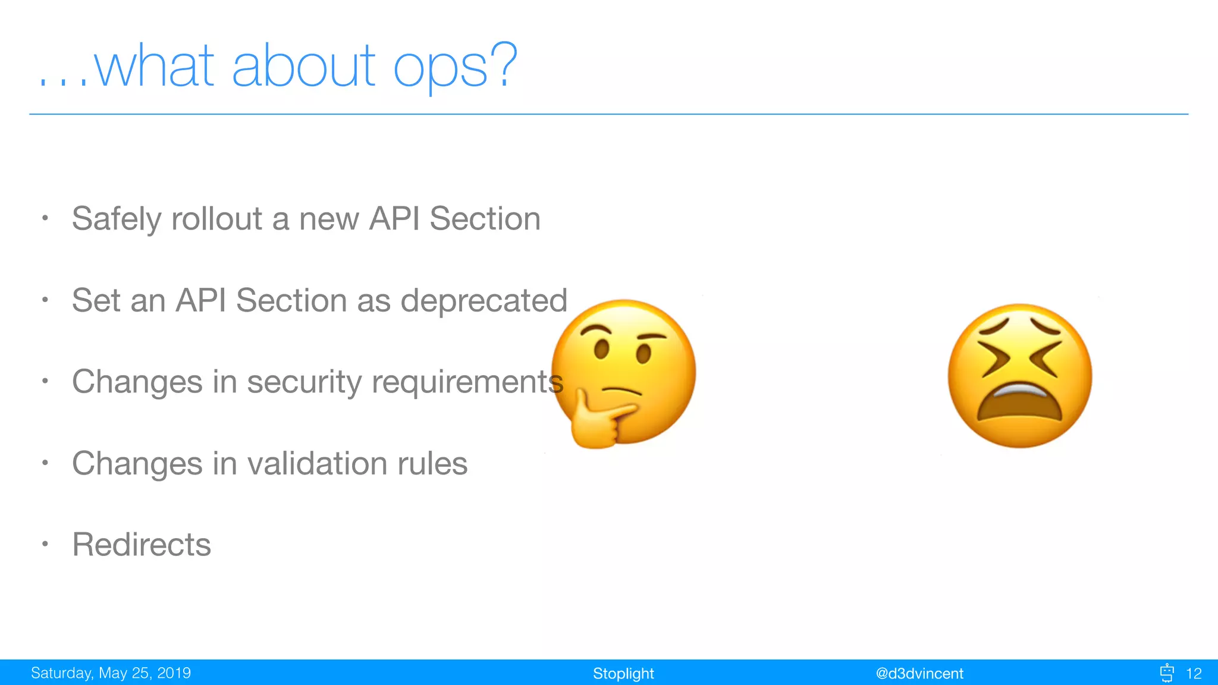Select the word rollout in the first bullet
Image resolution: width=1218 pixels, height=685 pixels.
pos(216,219)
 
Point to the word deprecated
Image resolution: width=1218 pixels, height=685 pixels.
pos(484,300)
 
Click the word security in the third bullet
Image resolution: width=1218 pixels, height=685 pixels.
pos(304,382)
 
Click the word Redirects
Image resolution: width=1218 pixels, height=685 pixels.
pos(142,545)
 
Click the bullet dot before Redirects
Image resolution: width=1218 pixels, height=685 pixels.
pos(45,543)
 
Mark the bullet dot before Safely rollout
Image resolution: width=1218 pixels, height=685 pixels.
pos(45,218)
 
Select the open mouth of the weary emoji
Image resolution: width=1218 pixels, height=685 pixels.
pos(1019,404)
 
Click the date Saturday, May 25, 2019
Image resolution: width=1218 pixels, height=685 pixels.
pos(111,673)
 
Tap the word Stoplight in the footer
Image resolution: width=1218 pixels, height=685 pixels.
pos(623,674)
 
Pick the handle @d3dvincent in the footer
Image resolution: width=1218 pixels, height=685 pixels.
pos(919,674)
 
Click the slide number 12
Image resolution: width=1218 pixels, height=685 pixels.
pos(1193,674)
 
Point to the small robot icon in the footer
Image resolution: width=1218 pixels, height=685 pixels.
pos(1167,673)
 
